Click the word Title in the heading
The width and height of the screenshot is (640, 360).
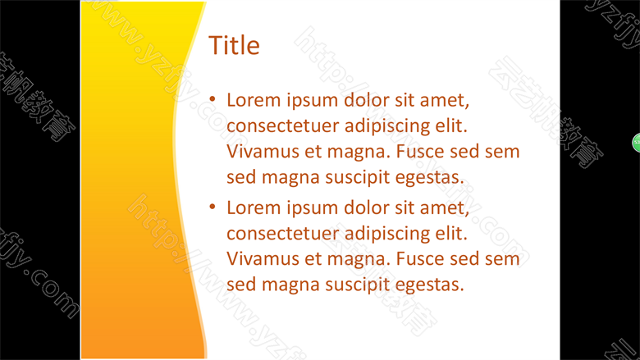[x=234, y=45]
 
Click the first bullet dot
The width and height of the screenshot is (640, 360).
[x=213, y=98]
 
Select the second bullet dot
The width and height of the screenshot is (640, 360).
[x=213, y=207]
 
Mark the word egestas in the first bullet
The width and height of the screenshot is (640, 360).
[x=430, y=178]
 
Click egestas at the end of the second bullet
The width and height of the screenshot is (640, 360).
[x=430, y=285]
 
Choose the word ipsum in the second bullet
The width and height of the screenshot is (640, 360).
[x=313, y=209]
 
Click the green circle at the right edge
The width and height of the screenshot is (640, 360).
[x=637, y=143]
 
